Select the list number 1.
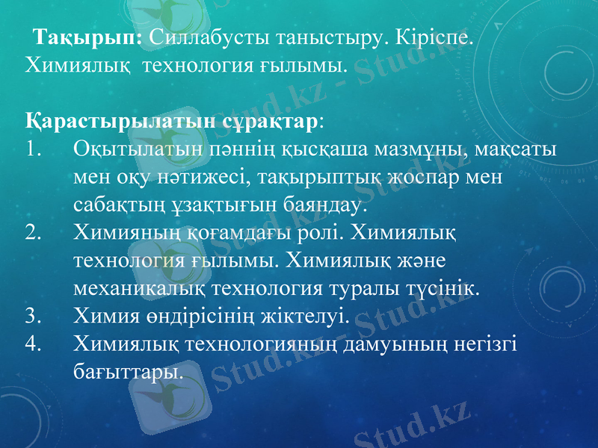click(x=31, y=147)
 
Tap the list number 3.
click(x=31, y=314)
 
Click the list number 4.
click(x=31, y=342)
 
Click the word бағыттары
click(x=128, y=370)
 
